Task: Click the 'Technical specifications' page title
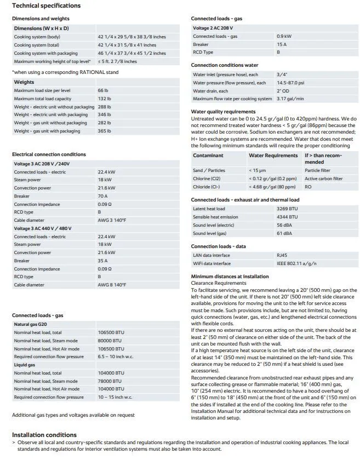(46, 5)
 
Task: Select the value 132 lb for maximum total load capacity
(104, 99)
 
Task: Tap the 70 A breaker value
(102, 196)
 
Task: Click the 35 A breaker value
(102, 261)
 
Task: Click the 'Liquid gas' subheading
(25, 365)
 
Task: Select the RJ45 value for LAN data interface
(283, 255)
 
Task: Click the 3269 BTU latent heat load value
(287, 209)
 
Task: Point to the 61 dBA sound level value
(284, 233)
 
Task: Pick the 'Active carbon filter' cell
(323, 179)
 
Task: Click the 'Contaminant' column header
(208, 156)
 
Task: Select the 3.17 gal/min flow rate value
(290, 99)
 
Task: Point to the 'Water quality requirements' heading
(224, 112)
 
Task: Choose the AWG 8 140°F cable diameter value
(112, 285)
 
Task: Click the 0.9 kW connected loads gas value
(284, 36)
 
